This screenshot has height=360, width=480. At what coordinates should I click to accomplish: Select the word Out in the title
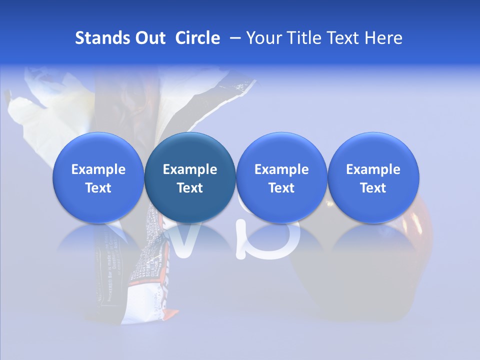[x=149, y=38]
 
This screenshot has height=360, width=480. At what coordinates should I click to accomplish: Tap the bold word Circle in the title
[x=197, y=38]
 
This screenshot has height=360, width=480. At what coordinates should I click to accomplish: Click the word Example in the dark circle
[x=190, y=169]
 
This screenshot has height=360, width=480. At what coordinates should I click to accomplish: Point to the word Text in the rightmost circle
[x=373, y=188]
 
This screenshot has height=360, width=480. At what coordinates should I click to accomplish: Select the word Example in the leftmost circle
[x=98, y=169]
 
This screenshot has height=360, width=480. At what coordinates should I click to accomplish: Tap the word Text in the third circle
[x=281, y=188]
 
